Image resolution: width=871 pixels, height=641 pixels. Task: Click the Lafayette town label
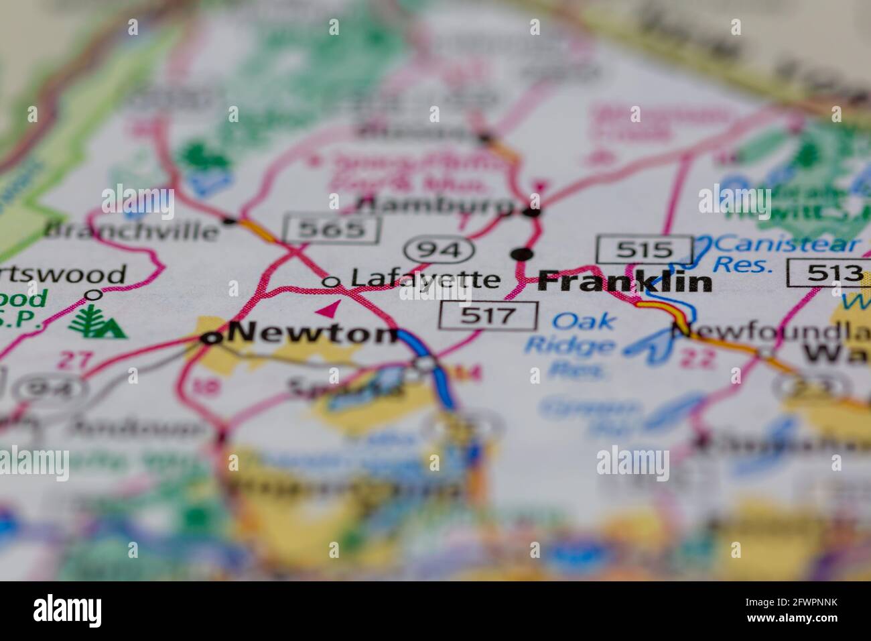coord(425,279)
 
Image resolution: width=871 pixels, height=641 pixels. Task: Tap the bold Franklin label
coord(624,282)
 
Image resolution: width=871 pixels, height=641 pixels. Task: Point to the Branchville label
coord(131,231)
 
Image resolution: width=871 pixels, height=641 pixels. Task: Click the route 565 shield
coord(332,230)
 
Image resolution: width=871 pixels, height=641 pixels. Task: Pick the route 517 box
coord(488,316)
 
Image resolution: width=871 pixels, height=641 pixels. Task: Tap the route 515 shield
coord(645,249)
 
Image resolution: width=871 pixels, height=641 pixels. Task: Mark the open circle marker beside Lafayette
coord(330,282)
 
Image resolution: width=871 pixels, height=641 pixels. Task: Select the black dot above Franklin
coord(522,254)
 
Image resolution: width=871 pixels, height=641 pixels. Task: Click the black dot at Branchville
coord(230,219)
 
